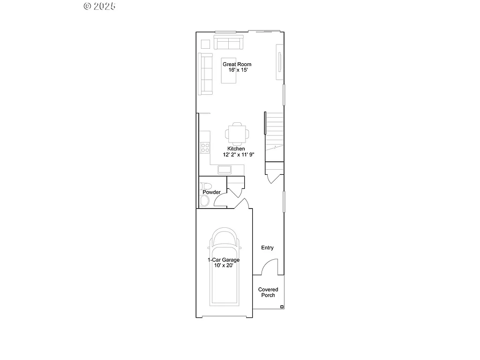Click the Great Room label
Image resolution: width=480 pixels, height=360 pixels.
pyautogui.click(x=237, y=64)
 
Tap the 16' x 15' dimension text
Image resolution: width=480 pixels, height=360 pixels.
pyautogui.click(x=237, y=70)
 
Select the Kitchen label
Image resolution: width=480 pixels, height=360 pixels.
pyautogui.click(x=236, y=149)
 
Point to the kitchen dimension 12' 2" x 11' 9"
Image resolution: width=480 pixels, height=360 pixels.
pyautogui.click(x=239, y=155)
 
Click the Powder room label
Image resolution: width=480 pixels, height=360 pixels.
pyautogui.click(x=211, y=192)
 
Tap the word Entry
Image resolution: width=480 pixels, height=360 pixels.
pyautogui.click(x=267, y=247)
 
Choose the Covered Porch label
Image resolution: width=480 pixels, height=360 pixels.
pyautogui.click(x=268, y=292)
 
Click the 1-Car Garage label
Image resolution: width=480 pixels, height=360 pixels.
pyautogui.click(x=224, y=260)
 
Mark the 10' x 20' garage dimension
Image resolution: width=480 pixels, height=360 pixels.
pyautogui.click(x=224, y=265)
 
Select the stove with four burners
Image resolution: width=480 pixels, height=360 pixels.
pyautogui.click(x=205, y=148)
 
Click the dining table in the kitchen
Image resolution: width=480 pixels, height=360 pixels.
pyautogui.click(x=237, y=133)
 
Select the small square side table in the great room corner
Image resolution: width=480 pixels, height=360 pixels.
pyautogui.click(x=205, y=44)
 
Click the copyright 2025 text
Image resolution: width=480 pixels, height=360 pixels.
pyautogui.click(x=99, y=6)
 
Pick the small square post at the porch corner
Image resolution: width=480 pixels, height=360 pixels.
pyautogui.click(x=282, y=307)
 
